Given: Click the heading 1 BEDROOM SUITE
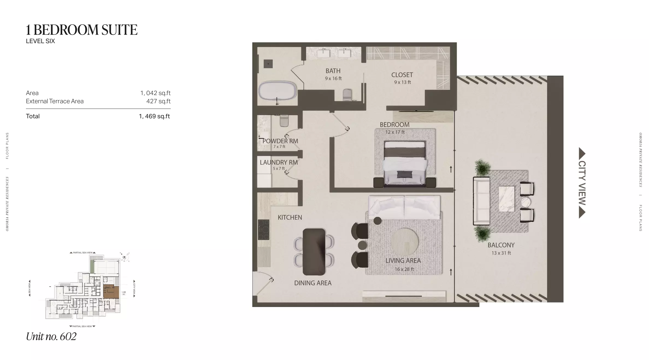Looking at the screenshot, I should pos(81,30).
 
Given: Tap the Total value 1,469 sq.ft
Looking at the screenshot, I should pos(154,116).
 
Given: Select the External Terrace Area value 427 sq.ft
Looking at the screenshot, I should pos(158,101).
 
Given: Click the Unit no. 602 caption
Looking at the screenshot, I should pos(51,337).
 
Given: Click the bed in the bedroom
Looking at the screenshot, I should pos(405,164).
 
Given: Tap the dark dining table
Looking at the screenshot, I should pos(314,252).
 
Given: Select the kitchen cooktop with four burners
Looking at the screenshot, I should pos(264,230).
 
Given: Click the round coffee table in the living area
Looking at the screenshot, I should pos(404,242).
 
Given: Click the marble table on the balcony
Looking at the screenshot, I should pos(507,199).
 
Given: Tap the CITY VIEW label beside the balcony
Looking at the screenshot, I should pos(582,183).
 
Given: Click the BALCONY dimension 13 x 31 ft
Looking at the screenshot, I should pos(501,253).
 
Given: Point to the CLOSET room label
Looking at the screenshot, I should pos(402,75).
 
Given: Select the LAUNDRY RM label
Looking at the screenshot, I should pos(279,163).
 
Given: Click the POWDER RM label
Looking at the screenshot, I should pos(280,141).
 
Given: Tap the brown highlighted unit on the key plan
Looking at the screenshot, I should pos(111,291).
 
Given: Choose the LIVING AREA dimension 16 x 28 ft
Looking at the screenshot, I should pos(404,269).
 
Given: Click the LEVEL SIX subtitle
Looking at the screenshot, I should pos(40,41).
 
